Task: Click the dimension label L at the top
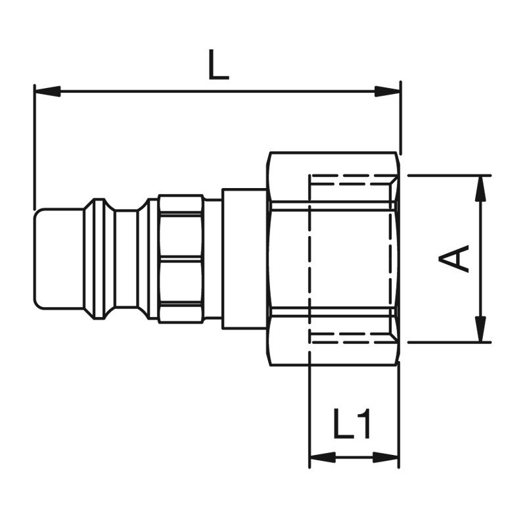pos(219,64)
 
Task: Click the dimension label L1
pos(352,423)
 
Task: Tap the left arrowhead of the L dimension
pos(47,91)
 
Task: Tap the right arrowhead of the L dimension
pos(387,91)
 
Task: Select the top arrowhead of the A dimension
pos(482,189)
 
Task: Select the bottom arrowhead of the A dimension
pos(482,329)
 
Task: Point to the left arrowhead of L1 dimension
pos(323,457)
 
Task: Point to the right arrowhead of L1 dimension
pos(386,457)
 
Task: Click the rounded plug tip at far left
pos(58,258)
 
